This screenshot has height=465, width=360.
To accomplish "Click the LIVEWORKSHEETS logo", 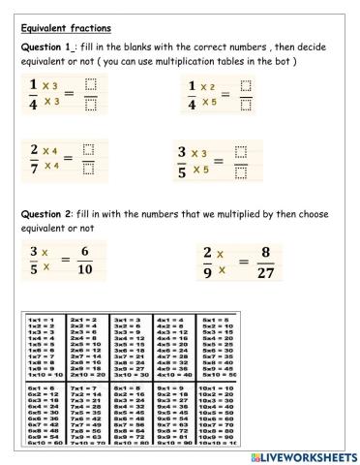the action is coord(303,455).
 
